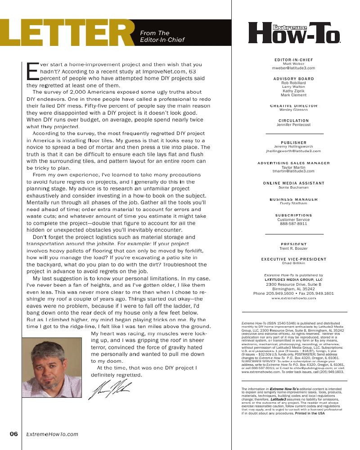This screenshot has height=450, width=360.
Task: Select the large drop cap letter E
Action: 31,70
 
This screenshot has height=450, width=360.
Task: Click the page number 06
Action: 13,434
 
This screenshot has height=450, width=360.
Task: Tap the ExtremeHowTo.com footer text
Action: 52,434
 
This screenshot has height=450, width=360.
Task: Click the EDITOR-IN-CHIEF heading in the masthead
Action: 293,60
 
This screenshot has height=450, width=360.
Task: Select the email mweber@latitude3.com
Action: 293,68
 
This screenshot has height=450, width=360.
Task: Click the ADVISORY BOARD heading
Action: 293,79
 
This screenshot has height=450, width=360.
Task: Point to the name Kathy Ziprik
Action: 293,91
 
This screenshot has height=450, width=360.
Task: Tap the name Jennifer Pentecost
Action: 293,125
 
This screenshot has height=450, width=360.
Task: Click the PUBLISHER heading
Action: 293,143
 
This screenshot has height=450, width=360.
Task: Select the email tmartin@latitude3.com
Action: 293,171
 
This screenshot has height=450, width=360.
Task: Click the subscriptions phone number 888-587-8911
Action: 293,223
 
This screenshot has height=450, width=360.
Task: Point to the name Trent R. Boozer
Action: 293,248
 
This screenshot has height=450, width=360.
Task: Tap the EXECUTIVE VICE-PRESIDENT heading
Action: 293,259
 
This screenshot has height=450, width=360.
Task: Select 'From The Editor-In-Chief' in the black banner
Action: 162,36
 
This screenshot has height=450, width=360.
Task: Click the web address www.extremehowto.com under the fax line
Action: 293,298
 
